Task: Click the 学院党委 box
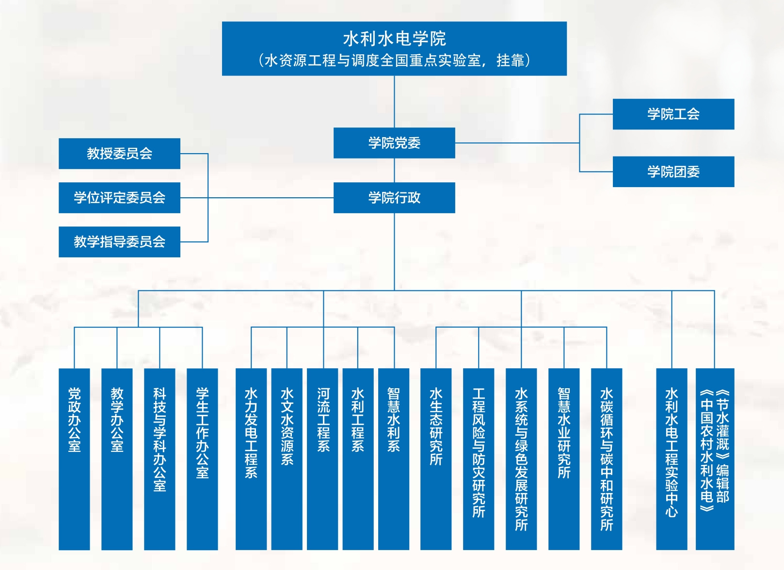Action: pos(394,143)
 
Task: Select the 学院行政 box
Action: pos(394,198)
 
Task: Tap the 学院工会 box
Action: pos(673,114)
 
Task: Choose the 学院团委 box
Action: pos(673,172)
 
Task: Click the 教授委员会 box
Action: pos(119,154)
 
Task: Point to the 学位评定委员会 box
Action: pos(119,198)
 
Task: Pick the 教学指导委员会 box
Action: pos(119,242)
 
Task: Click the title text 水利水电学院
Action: pos(394,39)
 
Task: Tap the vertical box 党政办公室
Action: pos(74,459)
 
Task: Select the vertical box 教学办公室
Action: pos(117,459)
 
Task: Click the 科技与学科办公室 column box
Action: pos(160,459)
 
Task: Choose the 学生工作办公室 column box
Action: pos(202,459)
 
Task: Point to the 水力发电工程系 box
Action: pos(251,459)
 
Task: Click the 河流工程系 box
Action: pos(322,459)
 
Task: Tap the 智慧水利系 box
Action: pos(394,459)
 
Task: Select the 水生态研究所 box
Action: pos(436,459)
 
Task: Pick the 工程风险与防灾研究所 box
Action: pos(479,459)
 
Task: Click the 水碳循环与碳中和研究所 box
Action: pos(607,459)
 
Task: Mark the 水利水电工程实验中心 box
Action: pos(672,459)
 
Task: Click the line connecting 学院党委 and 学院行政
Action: pos(394,170)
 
